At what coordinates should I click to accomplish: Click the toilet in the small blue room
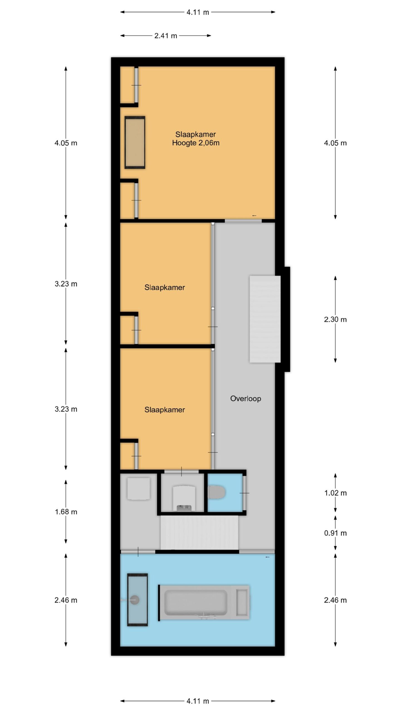click(217, 492)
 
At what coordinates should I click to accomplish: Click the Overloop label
click(246, 399)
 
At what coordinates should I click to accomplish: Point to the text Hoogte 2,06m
click(196, 143)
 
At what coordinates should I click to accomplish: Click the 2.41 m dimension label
click(166, 36)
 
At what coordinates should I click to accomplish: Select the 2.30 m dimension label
click(335, 319)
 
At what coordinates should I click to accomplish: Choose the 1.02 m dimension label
click(335, 493)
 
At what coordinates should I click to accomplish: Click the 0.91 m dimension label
click(335, 533)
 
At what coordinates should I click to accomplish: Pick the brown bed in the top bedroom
click(135, 142)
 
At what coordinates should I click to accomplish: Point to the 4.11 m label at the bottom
click(198, 701)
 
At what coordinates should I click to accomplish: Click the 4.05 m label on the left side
click(66, 143)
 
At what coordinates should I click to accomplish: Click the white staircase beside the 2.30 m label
click(265, 319)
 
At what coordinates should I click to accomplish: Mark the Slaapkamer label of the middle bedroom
click(165, 287)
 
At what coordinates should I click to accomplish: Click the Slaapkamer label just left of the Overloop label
click(165, 410)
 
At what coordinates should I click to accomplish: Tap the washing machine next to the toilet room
click(184, 498)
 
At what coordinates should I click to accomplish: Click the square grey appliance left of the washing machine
click(139, 489)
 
